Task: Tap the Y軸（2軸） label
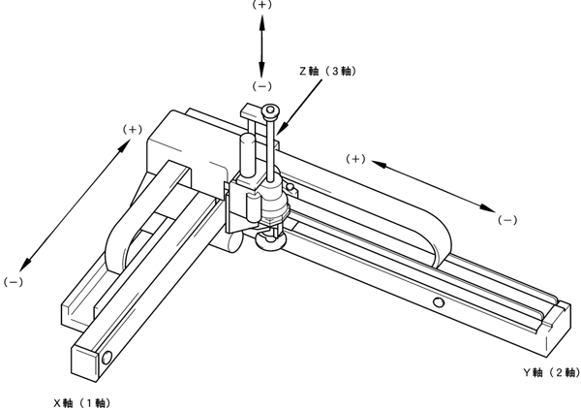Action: (549, 372)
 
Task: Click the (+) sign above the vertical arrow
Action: (261, 5)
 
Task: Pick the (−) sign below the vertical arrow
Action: (261, 85)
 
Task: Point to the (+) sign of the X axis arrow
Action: (134, 129)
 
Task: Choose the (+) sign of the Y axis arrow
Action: (356, 158)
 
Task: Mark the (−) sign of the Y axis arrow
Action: (507, 220)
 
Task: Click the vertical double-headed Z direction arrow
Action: (261, 45)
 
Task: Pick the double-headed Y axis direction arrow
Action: (432, 188)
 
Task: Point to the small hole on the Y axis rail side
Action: (439, 304)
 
